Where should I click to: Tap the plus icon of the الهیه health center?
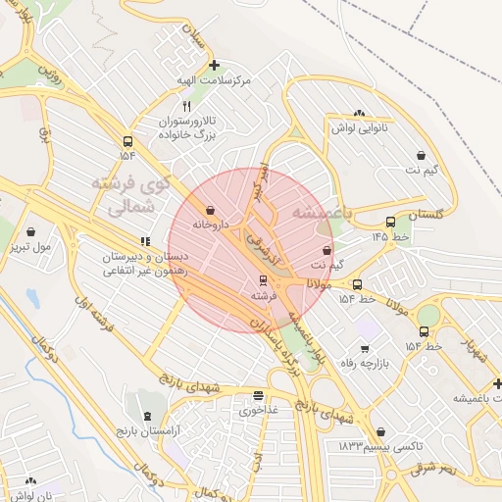[x=214, y=65]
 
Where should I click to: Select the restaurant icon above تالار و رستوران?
[x=186, y=105]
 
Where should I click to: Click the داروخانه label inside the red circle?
[x=210, y=225]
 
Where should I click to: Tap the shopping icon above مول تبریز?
[x=32, y=232]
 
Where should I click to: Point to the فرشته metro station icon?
[x=261, y=280]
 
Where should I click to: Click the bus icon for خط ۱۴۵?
[x=391, y=223]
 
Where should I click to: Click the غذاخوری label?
[x=259, y=411]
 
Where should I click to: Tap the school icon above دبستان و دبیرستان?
[x=145, y=241]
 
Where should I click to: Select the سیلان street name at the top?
[x=196, y=36]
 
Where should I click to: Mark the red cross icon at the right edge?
[x=496, y=382]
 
